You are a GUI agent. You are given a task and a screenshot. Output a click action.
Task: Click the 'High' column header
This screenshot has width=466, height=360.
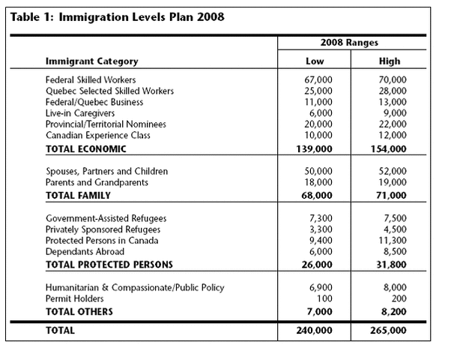[x=390, y=61]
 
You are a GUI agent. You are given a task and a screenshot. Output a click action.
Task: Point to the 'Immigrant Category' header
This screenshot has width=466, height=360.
[x=91, y=61]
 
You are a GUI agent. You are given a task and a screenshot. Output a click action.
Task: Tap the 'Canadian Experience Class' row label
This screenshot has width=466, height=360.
[x=98, y=135]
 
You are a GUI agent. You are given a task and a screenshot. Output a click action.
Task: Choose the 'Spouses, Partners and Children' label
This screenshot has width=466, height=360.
[x=107, y=172]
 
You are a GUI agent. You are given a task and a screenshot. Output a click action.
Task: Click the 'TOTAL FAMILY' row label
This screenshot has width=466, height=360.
[x=78, y=196]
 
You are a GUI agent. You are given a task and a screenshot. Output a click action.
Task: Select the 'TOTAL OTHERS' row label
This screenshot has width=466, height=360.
[x=79, y=311]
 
